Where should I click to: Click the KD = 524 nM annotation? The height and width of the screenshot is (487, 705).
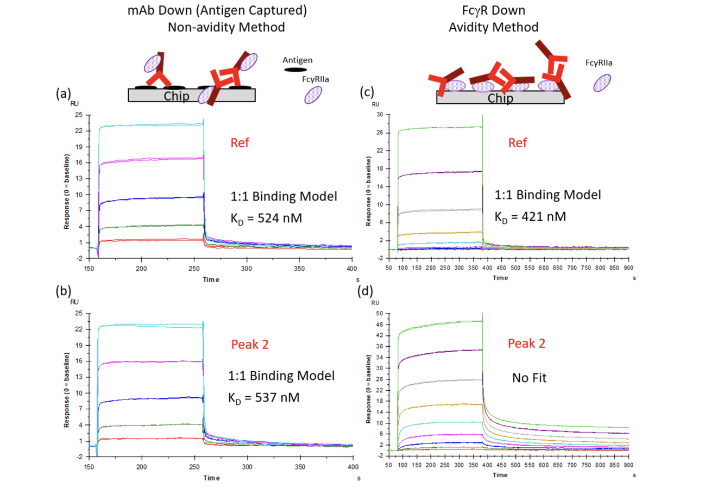pos(266,218)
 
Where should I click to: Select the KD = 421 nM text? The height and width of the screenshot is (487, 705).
pos(530,217)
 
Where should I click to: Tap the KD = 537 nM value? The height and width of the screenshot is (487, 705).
pos(264,397)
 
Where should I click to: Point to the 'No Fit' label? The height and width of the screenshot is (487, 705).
pos(530,378)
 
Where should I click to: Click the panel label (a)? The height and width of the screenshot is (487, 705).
pos(63,94)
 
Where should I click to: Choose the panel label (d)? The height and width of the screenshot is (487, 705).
pos(365,291)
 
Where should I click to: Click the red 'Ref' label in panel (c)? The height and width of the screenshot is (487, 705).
pos(518,143)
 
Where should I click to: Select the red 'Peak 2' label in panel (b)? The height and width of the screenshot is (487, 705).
pos(250,344)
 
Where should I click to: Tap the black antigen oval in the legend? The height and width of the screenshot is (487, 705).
pos(295,70)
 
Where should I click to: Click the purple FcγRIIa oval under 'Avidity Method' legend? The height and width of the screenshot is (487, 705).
pos(602,83)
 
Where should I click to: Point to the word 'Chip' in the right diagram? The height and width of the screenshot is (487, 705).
pos(500,98)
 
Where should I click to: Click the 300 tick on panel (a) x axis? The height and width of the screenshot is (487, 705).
pos(247,269)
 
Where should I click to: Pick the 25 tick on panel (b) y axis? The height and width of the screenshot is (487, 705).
pos(79,313)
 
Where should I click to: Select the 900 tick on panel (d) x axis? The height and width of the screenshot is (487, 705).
pos(628,465)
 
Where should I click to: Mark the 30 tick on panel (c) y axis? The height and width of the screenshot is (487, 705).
pos(380,114)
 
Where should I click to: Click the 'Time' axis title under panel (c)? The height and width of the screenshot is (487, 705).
pos(500,278)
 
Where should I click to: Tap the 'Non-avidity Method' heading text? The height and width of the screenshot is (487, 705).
pos(226,27)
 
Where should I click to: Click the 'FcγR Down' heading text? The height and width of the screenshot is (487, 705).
pos(494,10)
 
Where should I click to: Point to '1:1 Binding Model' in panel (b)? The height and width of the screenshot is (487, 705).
pos(281,376)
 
